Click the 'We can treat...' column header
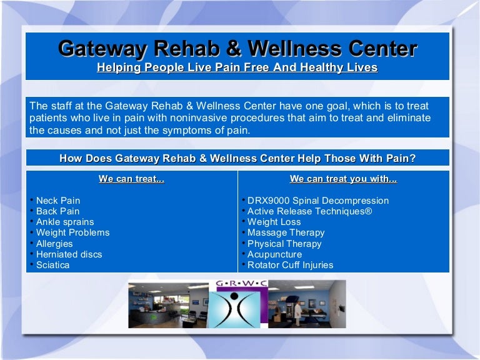click(x=131, y=179)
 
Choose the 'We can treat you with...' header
click(x=343, y=179)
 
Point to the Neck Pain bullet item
click(x=57, y=201)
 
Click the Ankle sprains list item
click(x=64, y=222)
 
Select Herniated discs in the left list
click(x=69, y=254)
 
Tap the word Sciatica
click(x=52, y=265)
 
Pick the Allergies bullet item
click(x=54, y=244)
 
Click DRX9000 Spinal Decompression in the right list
click(x=317, y=201)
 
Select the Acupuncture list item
click(x=274, y=254)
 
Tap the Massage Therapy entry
click(x=286, y=232)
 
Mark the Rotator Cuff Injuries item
click(x=290, y=265)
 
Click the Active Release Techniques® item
click(x=309, y=211)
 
